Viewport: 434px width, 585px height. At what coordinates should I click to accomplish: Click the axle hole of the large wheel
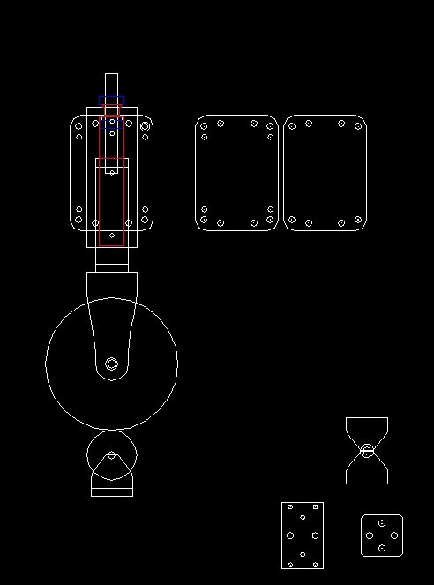pos(111,364)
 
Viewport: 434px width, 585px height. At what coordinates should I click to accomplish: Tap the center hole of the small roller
pos(111,455)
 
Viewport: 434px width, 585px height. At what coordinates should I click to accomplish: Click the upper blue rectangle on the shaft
pos(112,100)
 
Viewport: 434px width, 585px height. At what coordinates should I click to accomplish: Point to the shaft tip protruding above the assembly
pos(111,84)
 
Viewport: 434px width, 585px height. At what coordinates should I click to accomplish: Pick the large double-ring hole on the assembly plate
pos(145,126)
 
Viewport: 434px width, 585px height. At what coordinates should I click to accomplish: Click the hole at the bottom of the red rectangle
pos(112,236)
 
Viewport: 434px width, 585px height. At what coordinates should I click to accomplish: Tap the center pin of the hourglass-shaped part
pos(367,451)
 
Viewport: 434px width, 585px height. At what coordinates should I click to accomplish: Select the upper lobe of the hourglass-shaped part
pos(367,431)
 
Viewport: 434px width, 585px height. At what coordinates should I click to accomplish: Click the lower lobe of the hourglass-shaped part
pos(367,471)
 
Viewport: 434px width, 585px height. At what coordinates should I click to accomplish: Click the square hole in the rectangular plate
pos(315,506)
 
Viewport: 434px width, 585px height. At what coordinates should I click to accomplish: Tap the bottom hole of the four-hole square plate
pos(382,548)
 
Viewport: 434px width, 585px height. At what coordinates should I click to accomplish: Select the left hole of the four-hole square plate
pos(370,536)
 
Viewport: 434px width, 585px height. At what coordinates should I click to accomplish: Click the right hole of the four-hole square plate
pos(393,536)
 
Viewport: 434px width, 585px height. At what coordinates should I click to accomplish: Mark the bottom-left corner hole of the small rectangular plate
pos(290,563)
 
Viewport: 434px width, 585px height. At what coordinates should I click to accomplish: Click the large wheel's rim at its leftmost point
pos(46,360)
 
